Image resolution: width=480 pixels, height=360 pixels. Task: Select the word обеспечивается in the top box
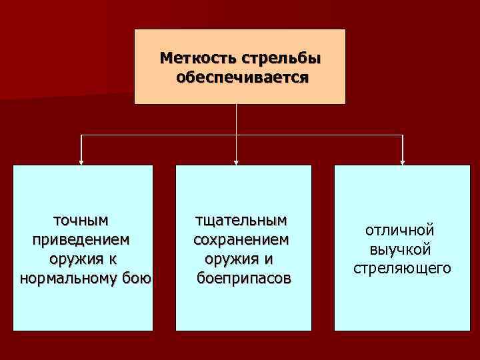pyautogui.click(x=241, y=77)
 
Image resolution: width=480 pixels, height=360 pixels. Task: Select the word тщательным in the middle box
pyautogui.click(x=241, y=219)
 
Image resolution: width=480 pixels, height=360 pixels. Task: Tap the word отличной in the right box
pyautogui.click(x=400, y=230)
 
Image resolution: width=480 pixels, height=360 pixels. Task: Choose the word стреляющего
pyautogui.click(x=402, y=269)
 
